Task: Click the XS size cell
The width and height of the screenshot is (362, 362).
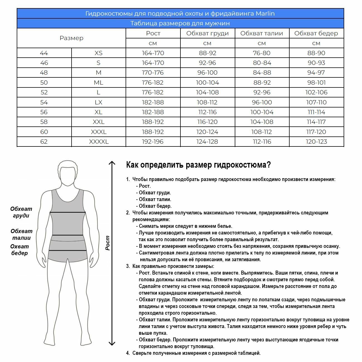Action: click(x=99, y=53)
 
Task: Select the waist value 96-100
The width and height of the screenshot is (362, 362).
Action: click(x=262, y=102)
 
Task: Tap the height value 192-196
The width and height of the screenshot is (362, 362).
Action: click(x=153, y=141)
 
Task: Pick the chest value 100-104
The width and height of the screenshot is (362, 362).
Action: click(x=207, y=82)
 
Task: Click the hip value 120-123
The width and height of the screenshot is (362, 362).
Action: click(x=316, y=141)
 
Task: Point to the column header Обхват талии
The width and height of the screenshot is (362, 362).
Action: click(x=262, y=33)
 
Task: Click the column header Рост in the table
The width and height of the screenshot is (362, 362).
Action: click(x=153, y=33)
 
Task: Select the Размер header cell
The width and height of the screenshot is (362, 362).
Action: click(x=72, y=38)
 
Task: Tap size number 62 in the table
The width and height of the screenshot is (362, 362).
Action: click(x=44, y=141)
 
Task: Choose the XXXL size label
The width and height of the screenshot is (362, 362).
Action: click(x=99, y=132)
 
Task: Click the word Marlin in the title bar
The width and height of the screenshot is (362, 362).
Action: click(x=265, y=13)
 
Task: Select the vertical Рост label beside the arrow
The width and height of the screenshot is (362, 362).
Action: click(x=108, y=243)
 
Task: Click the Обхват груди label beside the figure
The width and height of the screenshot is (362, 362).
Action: click(x=21, y=212)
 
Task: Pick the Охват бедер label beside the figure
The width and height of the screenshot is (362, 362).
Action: click(x=19, y=250)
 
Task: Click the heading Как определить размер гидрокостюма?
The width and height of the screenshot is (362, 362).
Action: click(x=198, y=165)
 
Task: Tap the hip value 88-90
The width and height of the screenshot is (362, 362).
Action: click(x=316, y=53)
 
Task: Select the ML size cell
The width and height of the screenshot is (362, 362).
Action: click(x=99, y=82)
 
